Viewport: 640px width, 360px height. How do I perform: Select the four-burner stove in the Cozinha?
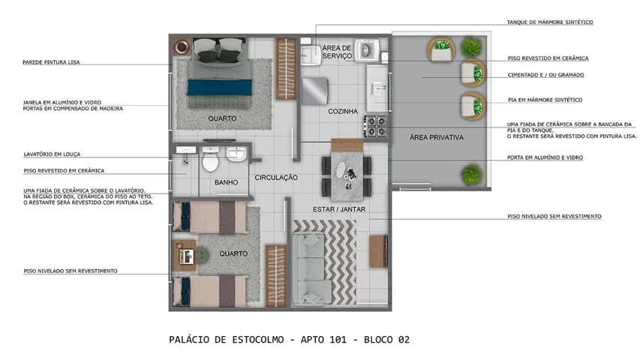376,124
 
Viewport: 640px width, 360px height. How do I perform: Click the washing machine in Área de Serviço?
366,50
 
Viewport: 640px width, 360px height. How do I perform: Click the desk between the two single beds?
185,256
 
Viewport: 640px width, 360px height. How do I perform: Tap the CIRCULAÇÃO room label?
276,178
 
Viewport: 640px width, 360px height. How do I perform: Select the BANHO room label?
226,182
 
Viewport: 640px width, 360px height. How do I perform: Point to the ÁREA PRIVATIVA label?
436,138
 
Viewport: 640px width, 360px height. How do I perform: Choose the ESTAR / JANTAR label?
339,209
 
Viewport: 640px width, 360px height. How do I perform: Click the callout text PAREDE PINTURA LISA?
51,62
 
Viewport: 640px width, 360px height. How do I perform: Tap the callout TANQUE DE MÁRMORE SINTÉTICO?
550,22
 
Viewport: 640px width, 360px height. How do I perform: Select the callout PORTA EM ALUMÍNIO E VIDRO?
545,157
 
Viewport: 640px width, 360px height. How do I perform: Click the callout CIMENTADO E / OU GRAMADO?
545,75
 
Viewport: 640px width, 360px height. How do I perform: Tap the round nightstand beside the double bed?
182,46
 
